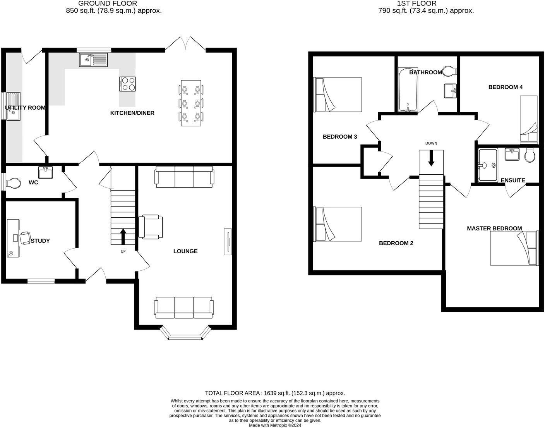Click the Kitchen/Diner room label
coord(132,113)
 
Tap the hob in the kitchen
coord(128,84)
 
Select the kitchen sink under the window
coord(93,59)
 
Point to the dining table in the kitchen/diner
coord(191,103)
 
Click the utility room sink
coord(13,106)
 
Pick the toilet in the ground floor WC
coord(13,182)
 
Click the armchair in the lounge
coord(151,227)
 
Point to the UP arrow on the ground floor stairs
coord(123,236)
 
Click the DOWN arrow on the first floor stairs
coord(431,158)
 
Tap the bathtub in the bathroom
coord(408,90)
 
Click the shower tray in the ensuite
coord(488,165)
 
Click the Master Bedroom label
coord(494,229)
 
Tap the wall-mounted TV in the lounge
coord(228,242)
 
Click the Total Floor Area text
coord(275,393)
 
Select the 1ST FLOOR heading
coord(416,3)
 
